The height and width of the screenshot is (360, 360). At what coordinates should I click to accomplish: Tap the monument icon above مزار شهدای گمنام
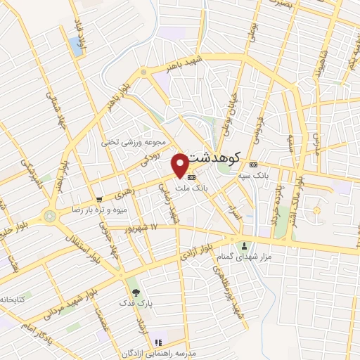tap(245, 245)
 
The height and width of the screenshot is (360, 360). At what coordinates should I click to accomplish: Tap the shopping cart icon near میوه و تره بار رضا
tap(100, 199)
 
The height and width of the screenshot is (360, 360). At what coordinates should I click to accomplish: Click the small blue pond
tap(75, 46)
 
